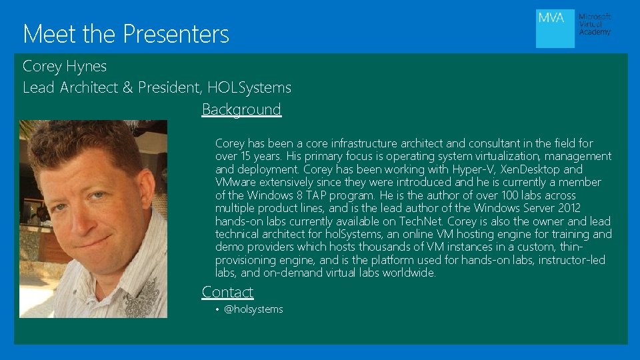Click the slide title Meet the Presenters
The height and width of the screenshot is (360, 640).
(x=126, y=33)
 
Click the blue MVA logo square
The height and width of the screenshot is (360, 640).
(x=555, y=28)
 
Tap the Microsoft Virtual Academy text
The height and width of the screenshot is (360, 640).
(x=595, y=25)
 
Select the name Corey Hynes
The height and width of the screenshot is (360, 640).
(x=65, y=66)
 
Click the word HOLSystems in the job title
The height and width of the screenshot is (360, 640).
(x=249, y=87)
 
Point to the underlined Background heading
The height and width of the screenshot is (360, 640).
(x=241, y=109)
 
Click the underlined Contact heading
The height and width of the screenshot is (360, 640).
(x=227, y=292)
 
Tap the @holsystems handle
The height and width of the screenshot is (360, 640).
(x=253, y=309)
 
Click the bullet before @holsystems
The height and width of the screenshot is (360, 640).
(x=218, y=309)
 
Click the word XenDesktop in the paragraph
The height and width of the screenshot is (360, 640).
(x=530, y=169)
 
